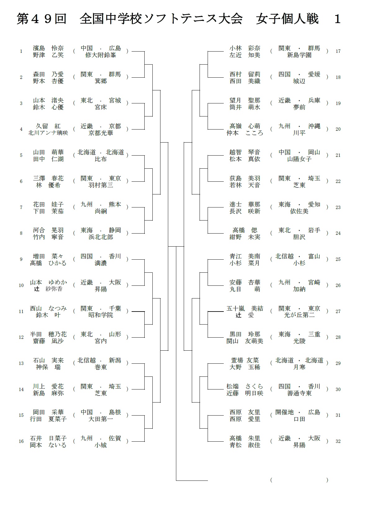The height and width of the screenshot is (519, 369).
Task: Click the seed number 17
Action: point(338,51)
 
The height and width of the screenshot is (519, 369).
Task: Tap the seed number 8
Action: point(21,233)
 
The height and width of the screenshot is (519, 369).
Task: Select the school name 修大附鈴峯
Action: point(101,55)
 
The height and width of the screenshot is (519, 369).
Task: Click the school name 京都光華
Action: point(101,133)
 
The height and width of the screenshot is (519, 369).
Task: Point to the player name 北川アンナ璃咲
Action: point(48,133)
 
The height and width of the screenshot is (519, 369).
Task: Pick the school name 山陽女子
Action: point(299,159)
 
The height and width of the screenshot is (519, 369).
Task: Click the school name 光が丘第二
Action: point(299,315)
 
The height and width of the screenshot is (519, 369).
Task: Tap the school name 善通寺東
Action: point(299,393)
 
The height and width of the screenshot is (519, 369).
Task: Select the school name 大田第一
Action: point(101,419)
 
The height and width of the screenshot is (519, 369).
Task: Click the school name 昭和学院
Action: point(101,315)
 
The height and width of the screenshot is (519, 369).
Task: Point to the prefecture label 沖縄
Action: point(314,126)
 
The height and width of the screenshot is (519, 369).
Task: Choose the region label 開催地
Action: point(285,412)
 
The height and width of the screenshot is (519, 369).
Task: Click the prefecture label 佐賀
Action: point(115,438)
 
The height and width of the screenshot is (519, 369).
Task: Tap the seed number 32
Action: point(338,441)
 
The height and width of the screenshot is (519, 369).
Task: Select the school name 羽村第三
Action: point(101,185)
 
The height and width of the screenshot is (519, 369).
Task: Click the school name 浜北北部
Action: point(101,237)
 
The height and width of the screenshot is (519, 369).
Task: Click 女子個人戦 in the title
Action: point(287,19)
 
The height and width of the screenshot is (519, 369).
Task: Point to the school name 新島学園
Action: point(299,55)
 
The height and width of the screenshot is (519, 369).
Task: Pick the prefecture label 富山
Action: point(314,256)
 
